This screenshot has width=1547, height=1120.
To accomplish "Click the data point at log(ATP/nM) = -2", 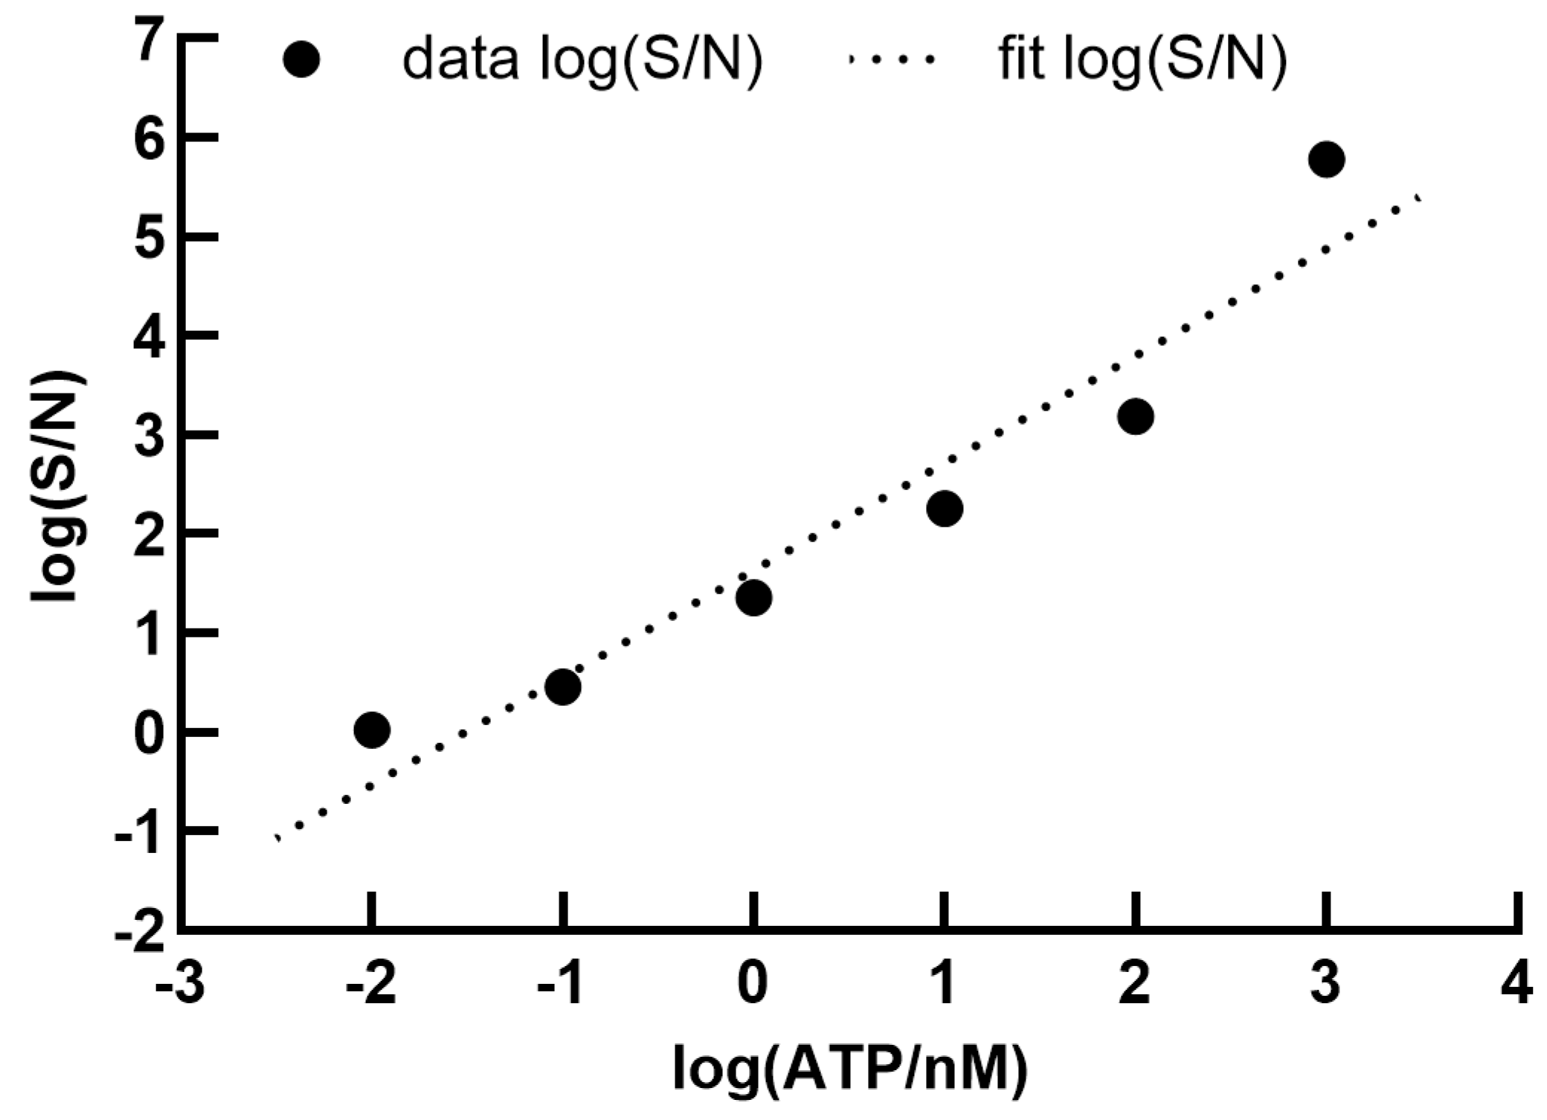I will (x=372, y=730).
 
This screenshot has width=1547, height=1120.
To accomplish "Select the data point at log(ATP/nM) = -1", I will (x=562, y=686).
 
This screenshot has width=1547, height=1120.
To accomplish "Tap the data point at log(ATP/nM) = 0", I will (x=753, y=598).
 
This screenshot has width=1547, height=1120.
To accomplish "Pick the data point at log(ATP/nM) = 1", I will (x=945, y=509).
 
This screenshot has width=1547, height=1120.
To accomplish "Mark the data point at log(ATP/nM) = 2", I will (x=1135, y=416).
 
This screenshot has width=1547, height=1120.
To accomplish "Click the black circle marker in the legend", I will (x=301, y=59).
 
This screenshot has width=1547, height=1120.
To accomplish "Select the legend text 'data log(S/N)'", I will (x=582, y=59).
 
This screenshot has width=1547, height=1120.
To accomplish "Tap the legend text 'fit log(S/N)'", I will (x=1142, y=59).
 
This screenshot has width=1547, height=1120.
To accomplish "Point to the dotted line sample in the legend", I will (x=890, y=59).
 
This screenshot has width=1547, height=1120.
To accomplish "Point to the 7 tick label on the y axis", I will (x=149, y=42).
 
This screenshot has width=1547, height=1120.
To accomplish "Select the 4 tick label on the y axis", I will (x=149, y=339).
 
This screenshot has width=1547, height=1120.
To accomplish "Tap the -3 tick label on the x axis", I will (x=180, y=985).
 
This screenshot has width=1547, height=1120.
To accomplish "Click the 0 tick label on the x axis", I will (x=753, y=985).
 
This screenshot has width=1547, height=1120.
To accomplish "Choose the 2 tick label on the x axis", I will (x=1135, y=985).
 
